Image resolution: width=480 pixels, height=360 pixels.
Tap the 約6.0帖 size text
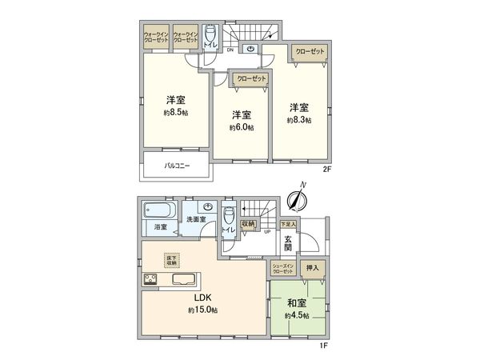[241, 127]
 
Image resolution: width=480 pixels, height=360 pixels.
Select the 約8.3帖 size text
[298, 120]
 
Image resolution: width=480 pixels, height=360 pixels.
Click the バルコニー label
[178, 166]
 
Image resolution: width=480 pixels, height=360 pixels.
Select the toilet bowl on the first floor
[230, 217]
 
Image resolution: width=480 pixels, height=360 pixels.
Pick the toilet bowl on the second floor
[210, 35]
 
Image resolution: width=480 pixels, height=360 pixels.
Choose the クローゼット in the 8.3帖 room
[310, 50]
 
